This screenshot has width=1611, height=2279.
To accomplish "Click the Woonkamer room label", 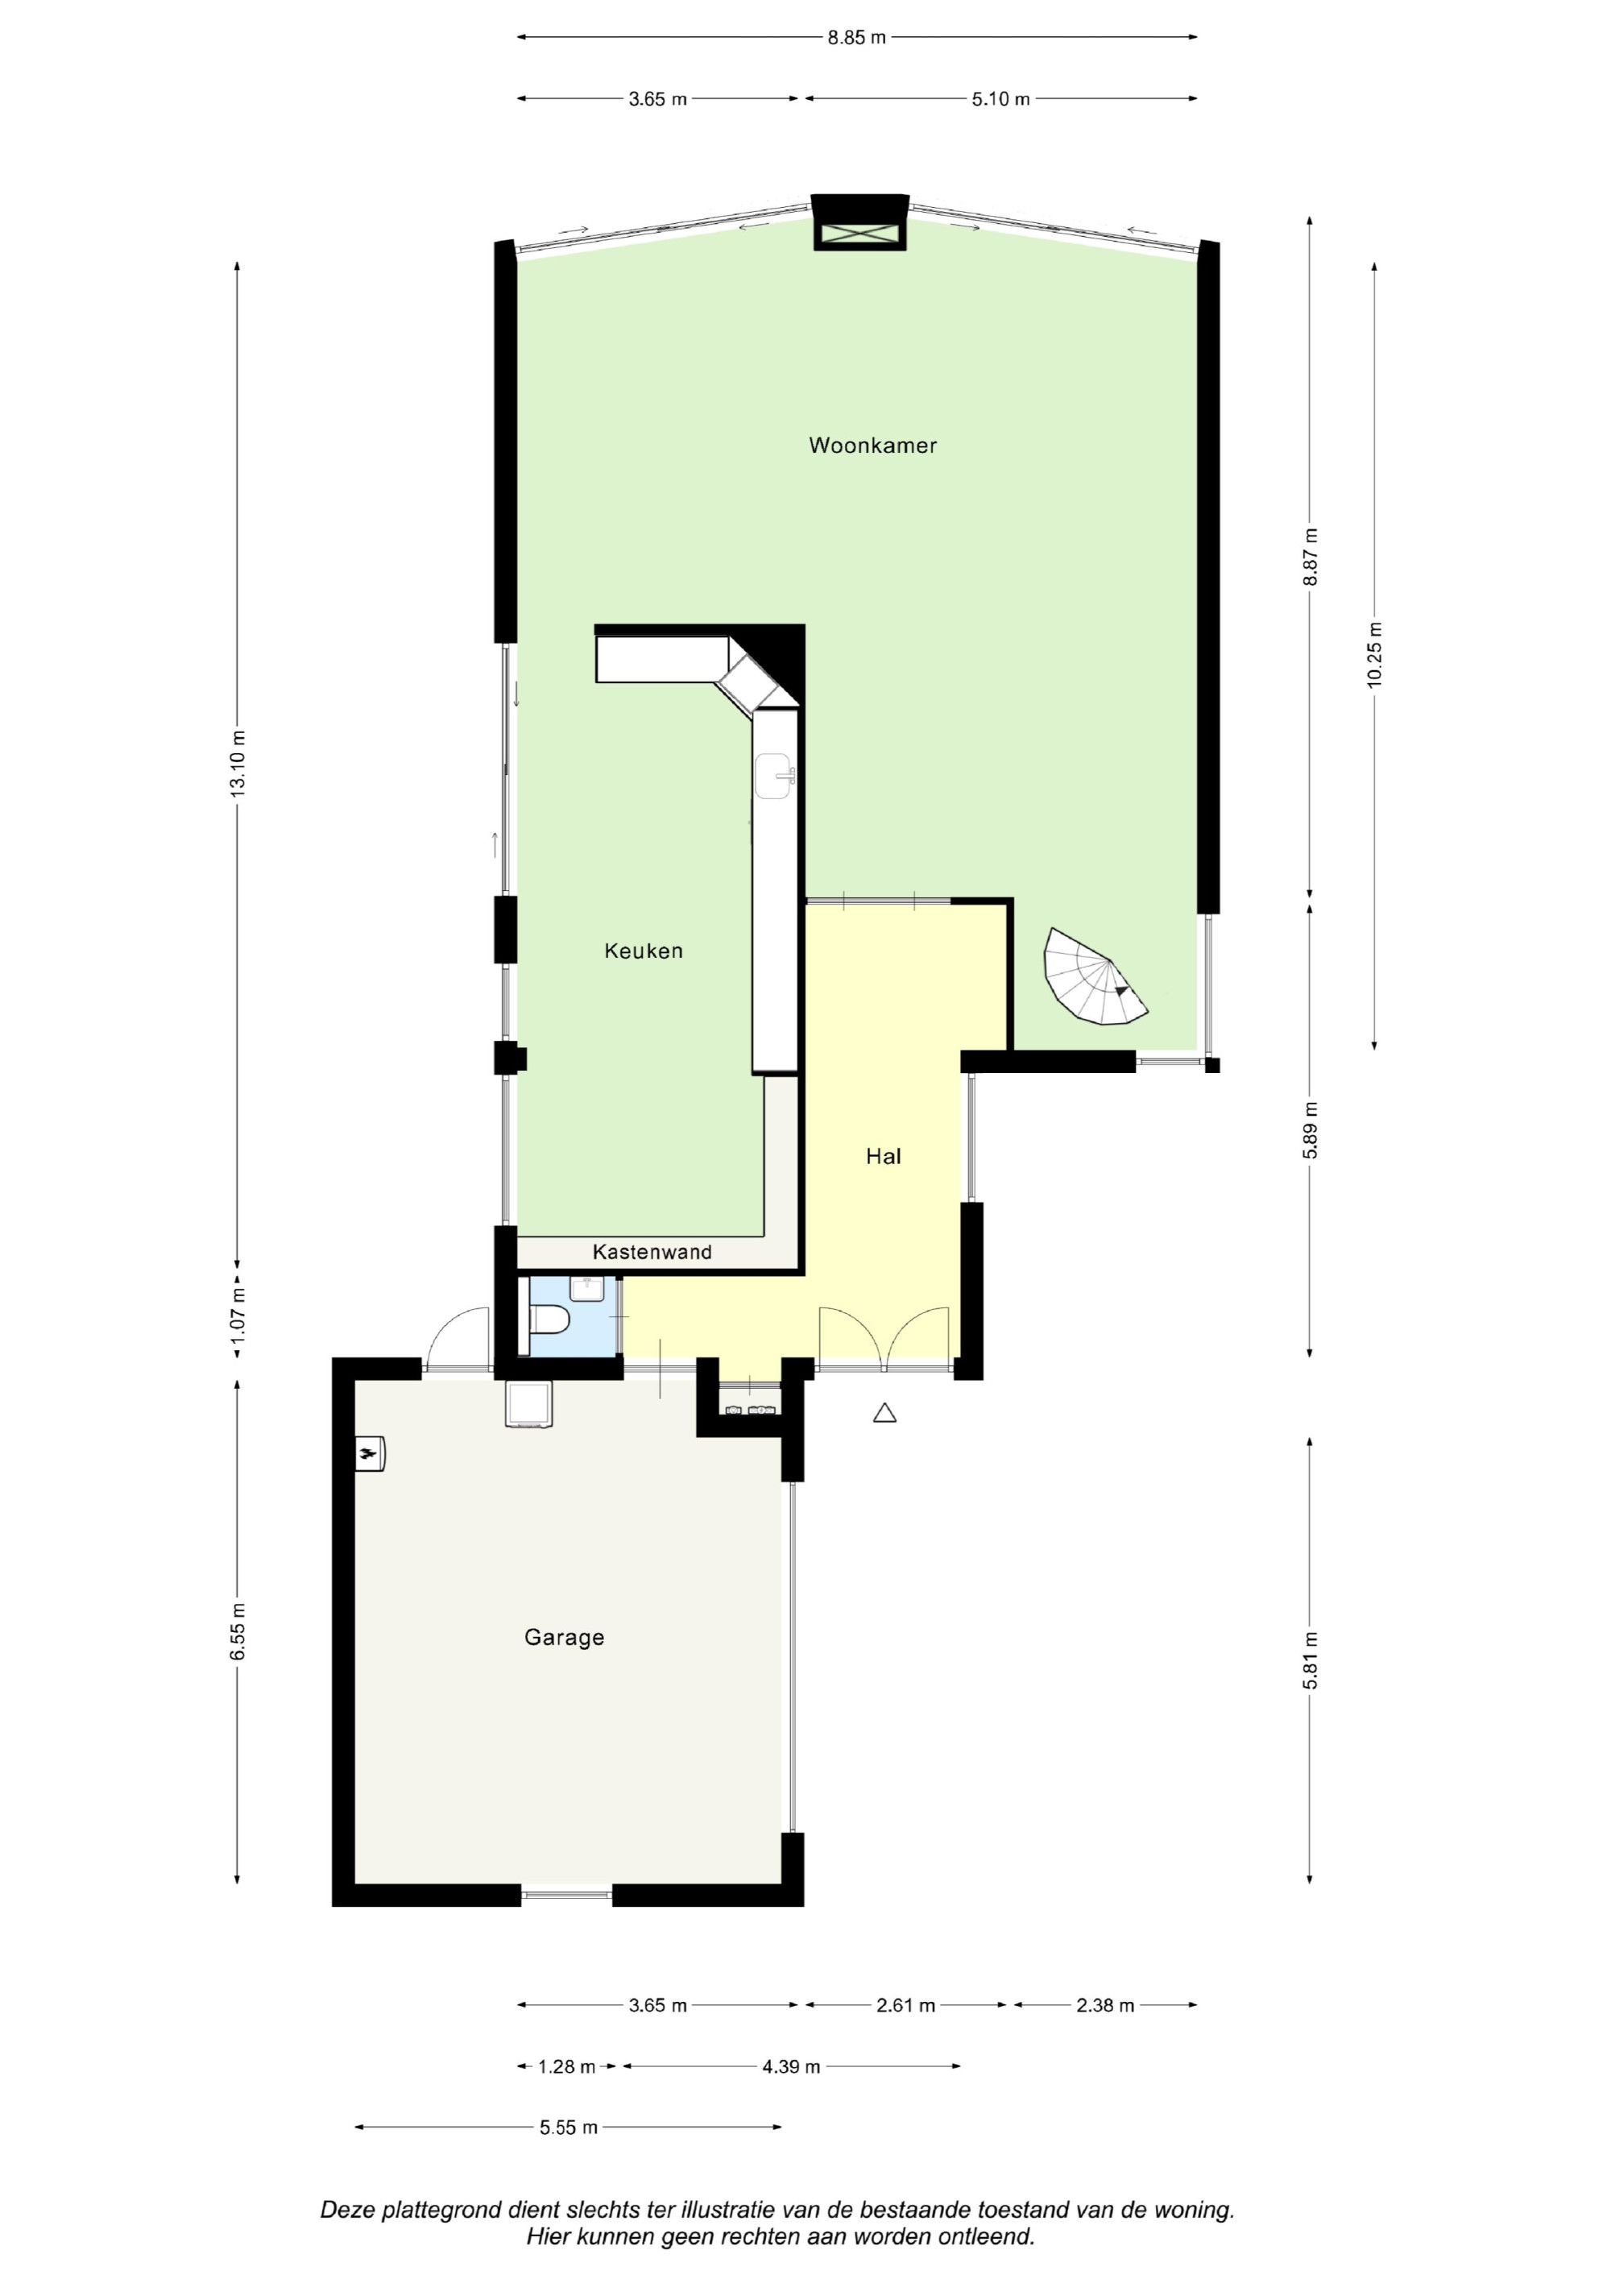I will pos(872,445).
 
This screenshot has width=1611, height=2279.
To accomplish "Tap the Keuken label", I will pos(644,951).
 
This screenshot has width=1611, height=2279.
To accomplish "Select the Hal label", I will pos(883,1156).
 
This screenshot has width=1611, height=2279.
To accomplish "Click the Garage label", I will pos(564,1638).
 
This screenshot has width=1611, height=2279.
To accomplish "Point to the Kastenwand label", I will pos(652,1252).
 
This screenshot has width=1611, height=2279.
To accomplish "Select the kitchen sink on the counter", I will pos(774,774).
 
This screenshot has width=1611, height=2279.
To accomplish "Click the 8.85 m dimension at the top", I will pos(856,38).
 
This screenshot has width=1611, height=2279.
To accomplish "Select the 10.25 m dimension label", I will pos(1373,654).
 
